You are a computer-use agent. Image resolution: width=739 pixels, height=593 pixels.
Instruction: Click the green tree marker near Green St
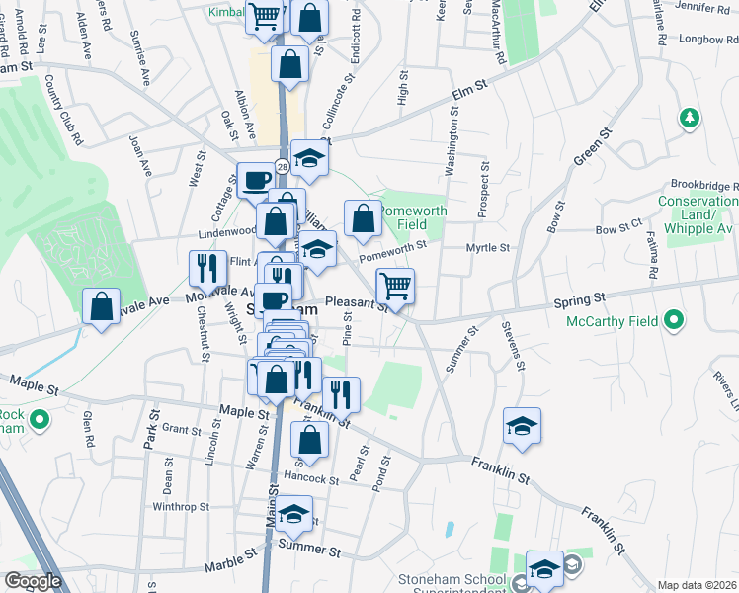click(689, 119)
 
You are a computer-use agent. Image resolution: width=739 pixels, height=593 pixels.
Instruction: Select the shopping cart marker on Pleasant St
click(395, 287)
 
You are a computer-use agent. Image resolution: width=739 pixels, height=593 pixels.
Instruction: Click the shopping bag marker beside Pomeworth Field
click(363, 218)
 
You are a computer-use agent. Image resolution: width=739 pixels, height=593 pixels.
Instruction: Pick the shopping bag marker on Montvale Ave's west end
click(101, 306)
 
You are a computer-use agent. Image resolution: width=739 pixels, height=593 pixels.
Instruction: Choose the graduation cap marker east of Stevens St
click(521, 426)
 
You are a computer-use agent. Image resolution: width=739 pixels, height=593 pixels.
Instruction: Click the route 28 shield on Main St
click(282, 166)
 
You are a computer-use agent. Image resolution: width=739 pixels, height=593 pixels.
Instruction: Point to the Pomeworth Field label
click(414, 217)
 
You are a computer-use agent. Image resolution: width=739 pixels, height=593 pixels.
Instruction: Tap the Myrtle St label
click(488, 248)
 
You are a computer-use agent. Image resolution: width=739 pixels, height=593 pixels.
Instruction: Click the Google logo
click(34, 581)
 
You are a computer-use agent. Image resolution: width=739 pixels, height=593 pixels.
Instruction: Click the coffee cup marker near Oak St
click(256, 181)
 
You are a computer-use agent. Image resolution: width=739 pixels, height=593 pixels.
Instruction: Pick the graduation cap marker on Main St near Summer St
click(292, 515)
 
